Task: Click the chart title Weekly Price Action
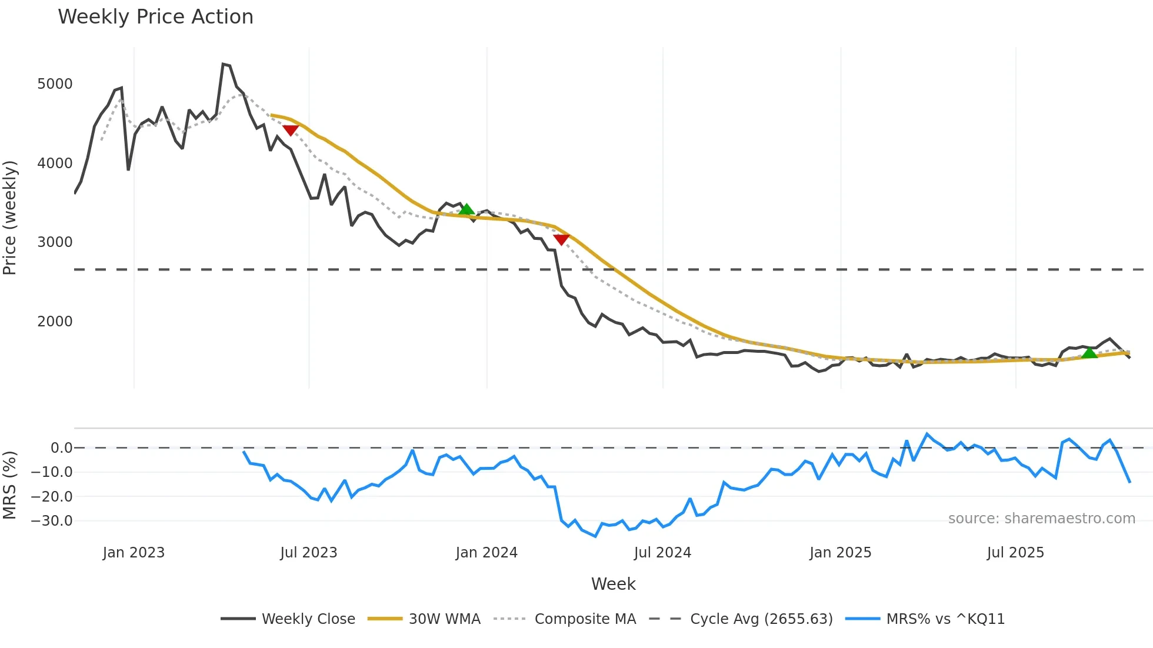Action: click(155, 17)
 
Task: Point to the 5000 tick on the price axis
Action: click(55, 84)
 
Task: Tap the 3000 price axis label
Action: click(55, 242)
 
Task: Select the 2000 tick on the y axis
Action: click(55, 322)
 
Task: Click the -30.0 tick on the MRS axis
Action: click(52, 521)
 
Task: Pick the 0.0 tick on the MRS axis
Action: click(61, 448)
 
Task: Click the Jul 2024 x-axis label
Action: click(662, 553)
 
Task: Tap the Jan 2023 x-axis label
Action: click(134, 553)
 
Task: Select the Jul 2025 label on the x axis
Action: click(1015, 553)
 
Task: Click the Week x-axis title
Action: click(613, 584)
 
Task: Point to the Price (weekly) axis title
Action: click(10, 218)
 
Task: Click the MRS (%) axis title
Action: click(10, 485)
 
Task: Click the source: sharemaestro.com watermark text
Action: click(1041, 519)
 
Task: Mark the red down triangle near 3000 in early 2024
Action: click(561, 239)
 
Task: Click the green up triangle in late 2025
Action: click(1089, 353)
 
